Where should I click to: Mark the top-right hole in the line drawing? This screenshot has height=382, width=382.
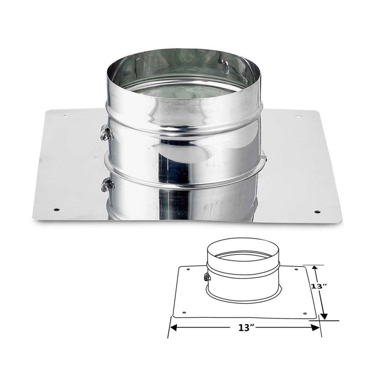296,270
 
